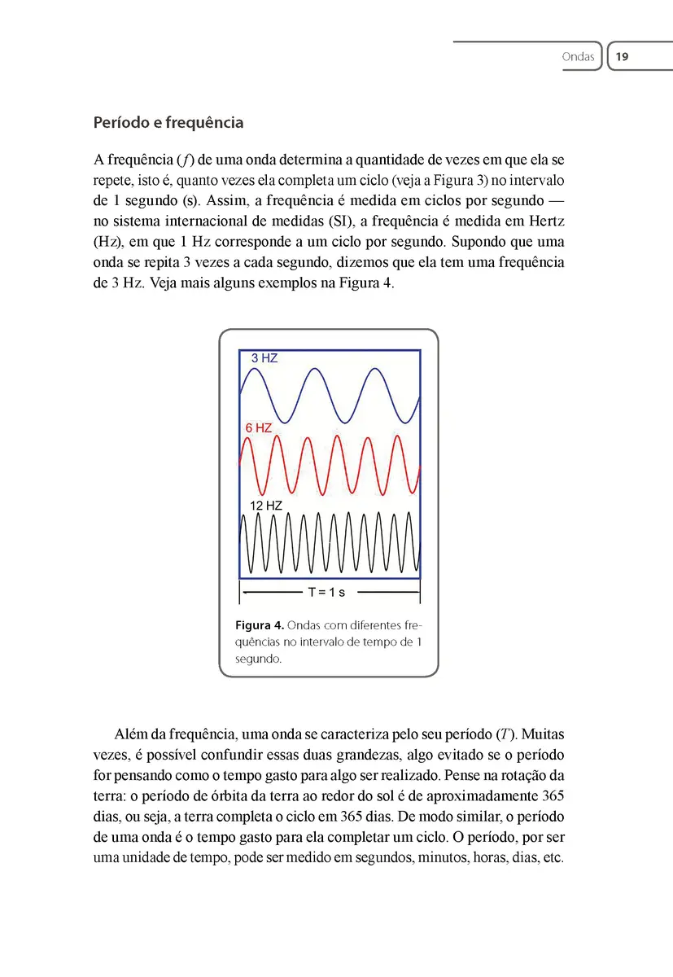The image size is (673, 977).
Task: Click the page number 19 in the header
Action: (623, 57)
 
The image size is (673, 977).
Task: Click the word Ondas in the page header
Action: (578, 57)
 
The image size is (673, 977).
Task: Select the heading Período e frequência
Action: (168, 123)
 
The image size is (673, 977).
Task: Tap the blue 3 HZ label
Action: (264, 358)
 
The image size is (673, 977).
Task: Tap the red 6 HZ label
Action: (259, 427)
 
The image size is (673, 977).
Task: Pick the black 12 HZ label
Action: (266, 506)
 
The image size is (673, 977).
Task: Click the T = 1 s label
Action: (326, 592)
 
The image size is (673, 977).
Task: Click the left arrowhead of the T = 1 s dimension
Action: (245, 592)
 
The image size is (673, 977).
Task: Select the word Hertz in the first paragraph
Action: (545, 221)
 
